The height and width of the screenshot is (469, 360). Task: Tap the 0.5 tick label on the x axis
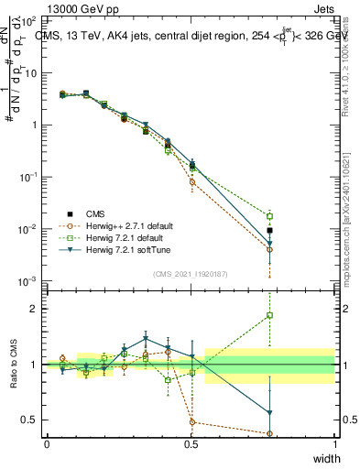point(191,444)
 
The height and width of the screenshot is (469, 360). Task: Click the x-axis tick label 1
point(335,444)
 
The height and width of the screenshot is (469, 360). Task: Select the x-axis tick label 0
point(47,444)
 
